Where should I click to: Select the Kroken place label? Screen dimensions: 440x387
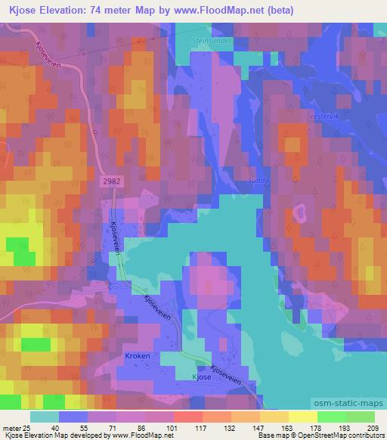(138, 355)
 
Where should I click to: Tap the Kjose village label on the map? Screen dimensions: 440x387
(201, 374)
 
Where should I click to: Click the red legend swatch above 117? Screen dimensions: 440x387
(187, 417)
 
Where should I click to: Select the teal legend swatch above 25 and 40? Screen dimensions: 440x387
(45, 417)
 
